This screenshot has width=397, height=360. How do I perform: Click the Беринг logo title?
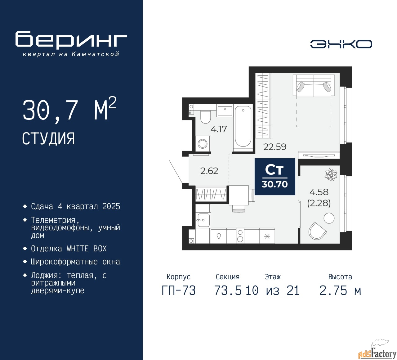click(71, 40)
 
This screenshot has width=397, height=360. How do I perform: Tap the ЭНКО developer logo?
click(341, 44)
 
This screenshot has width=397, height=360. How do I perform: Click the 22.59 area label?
click(275, 147)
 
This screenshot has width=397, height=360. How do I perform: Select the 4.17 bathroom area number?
click(218, 129)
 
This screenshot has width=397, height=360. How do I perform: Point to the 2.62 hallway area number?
click(209, 171)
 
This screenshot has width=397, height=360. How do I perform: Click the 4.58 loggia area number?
click(319, 192)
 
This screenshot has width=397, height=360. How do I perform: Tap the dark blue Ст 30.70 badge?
click(275, 177)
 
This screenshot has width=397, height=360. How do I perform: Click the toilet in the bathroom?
click(205, 117)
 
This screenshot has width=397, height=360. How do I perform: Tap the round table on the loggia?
click(329, 218)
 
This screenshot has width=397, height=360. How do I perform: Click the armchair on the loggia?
click(317, 231)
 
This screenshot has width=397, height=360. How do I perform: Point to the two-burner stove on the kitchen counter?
click(240, 236)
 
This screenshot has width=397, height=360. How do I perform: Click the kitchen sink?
click(203, 220)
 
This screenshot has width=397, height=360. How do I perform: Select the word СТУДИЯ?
click(48, 139)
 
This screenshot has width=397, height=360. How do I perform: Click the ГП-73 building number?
click(179, 290)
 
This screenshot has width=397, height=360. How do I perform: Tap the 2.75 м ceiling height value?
click(340, 290)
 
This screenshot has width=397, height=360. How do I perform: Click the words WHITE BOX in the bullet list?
click(87, 249)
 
